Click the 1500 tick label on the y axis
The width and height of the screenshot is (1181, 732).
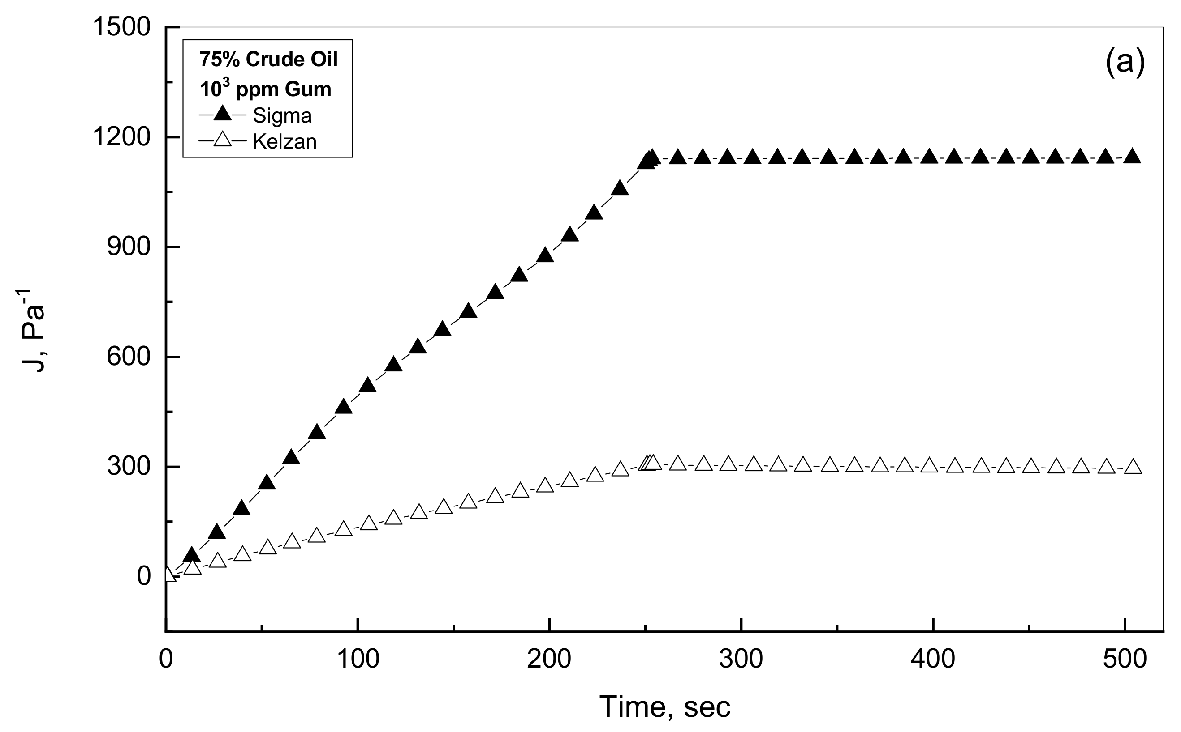[121, 27]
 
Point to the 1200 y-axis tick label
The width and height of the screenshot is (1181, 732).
[121, 137]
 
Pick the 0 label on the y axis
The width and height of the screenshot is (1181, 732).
[144, 577]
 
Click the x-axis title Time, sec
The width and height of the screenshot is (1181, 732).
[664, 706]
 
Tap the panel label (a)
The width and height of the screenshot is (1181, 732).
[1125, 64]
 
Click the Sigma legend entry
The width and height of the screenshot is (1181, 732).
[281, 116]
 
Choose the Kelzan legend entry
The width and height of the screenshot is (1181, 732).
[284, 141]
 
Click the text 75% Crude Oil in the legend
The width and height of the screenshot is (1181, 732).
[268, 60]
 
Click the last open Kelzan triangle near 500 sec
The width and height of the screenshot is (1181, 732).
[1133, 467]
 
